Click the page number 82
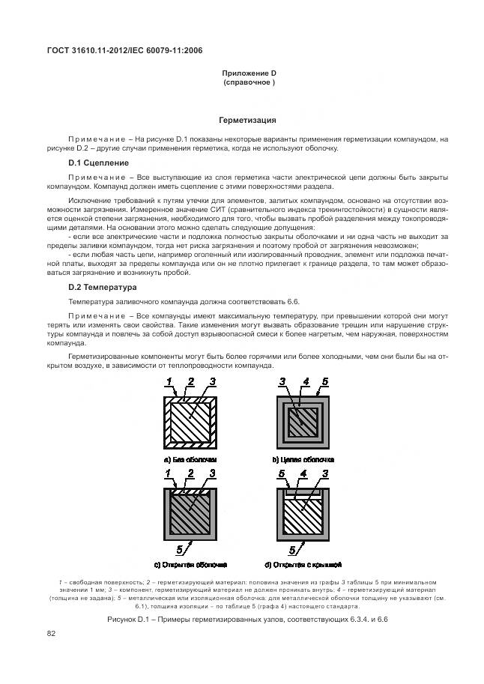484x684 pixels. (52, 634)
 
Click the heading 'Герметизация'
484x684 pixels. (247, 120)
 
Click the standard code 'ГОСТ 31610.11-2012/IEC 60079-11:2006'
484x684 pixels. (125, 51)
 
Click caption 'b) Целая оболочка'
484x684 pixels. (303, 458)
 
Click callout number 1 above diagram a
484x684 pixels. (170, 383)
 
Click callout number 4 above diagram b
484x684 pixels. (305, 383)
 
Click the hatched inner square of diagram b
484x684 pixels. (302, 420)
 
